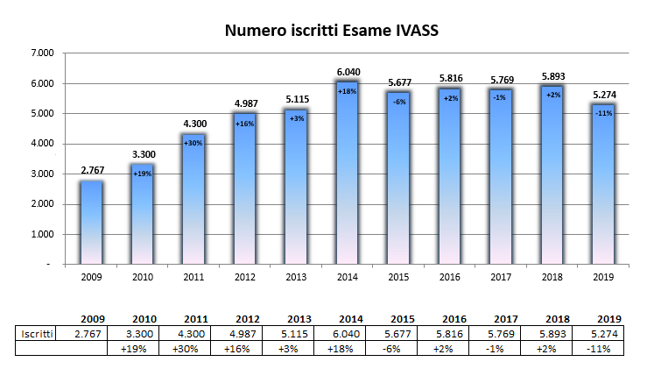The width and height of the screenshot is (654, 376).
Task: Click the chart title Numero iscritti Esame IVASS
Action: coord(331,32)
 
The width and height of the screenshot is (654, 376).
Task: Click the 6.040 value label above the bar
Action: coord(346,72)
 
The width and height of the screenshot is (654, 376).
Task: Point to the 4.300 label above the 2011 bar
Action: coord(193,124)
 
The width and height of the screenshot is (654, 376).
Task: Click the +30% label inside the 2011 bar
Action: coord(193,142)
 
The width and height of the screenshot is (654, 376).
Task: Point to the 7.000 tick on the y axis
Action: coord(42,53)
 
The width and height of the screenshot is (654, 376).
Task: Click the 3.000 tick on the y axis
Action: coord(42,174)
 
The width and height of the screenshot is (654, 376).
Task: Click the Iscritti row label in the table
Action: coord(38,334)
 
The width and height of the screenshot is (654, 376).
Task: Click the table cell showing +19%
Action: coord(143,349)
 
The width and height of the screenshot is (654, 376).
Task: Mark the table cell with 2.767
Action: coord(91,334)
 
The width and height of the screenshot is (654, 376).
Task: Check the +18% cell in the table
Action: coord(349,349)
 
